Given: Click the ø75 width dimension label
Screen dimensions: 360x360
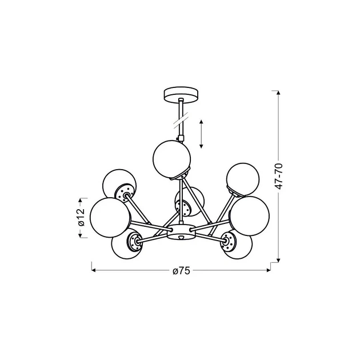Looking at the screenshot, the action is (181, 271).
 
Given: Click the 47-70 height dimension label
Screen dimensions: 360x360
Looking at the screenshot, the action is (279, 177).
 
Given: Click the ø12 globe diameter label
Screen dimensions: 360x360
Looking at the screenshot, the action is (81, 217).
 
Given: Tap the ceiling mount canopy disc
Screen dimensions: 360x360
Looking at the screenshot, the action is (181, 94).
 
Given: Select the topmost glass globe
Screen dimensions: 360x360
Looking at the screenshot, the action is (171, 159).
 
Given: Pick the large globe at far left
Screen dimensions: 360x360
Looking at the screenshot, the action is (110, 217).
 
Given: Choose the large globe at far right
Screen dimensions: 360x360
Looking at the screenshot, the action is (249, 216).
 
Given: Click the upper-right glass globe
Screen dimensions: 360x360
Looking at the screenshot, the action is (243, 179).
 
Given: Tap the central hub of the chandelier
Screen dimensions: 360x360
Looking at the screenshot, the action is (181, 232).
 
